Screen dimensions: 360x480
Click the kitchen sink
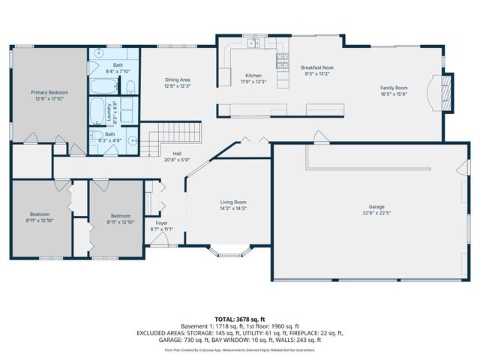click(253, 44)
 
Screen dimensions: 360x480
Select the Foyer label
click(161, 223)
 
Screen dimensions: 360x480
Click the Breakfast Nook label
click(317, 67)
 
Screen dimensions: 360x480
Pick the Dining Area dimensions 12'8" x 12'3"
click(178, 85)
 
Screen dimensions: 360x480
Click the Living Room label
click(233, 202)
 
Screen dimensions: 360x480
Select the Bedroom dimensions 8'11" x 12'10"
click(121, 222)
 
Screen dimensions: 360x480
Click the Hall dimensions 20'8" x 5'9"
click(178, 160)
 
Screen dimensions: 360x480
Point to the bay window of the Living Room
click(233, 252)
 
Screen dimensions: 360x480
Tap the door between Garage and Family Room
click(320, 138)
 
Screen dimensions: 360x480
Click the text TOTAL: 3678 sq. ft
click(239, 319)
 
